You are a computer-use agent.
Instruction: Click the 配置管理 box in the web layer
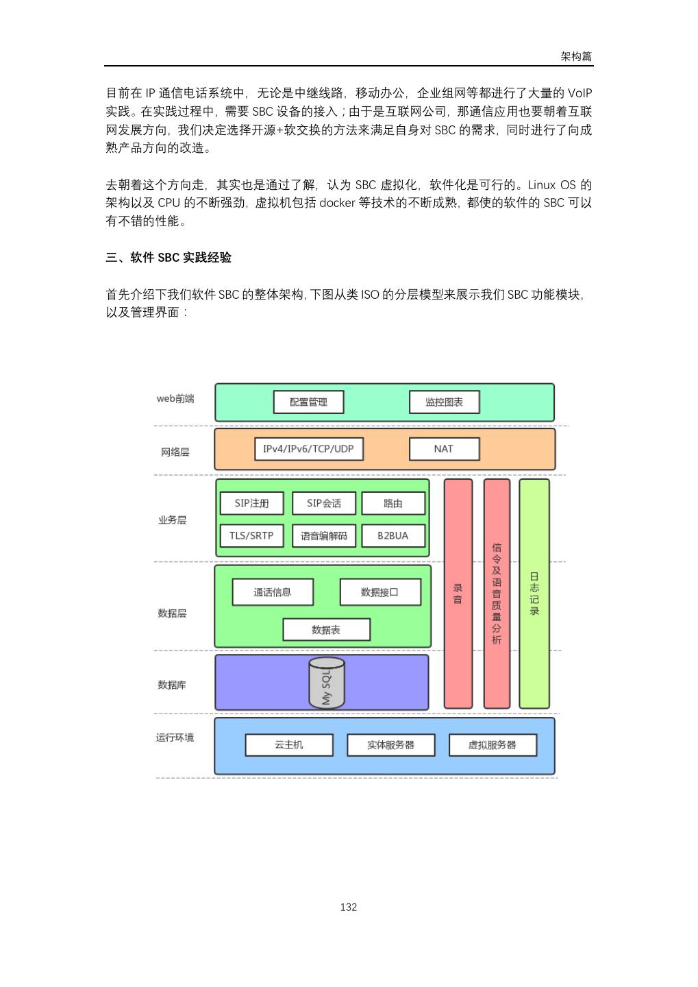308,402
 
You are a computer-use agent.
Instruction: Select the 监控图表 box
444,402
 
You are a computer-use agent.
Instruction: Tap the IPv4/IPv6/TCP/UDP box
308,449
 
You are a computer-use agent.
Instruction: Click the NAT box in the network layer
444,449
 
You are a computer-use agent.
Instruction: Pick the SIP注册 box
251,503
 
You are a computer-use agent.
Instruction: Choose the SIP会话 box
324,503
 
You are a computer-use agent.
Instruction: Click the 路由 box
393,503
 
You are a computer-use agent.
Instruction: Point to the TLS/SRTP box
251,536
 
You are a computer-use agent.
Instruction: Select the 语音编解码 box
324,536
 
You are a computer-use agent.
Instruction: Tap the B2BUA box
393,536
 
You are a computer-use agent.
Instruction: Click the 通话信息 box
273,592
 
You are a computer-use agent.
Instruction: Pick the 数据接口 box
380,592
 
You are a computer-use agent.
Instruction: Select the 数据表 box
326,630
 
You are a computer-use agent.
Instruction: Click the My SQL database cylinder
326,683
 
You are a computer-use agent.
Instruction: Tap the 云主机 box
289,745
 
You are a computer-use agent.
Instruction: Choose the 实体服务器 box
390,745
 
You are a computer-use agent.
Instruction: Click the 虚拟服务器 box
493,745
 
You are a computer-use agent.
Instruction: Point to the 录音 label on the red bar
458,594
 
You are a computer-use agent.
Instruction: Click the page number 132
349,907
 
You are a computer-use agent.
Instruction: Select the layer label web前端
175,399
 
